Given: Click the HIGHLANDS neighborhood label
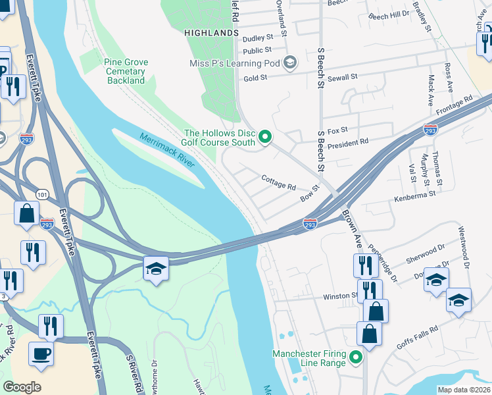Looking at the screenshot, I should point(212,32).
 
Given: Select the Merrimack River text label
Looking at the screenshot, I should point(167,149).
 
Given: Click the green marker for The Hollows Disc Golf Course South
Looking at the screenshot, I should point(266,137).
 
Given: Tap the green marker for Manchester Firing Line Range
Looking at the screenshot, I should point(356,358).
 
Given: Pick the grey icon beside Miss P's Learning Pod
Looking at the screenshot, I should point(290,63).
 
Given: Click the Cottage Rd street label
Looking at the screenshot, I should point(278,182).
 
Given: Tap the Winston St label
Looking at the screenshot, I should point(339,296).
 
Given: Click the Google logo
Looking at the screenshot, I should point(22,386).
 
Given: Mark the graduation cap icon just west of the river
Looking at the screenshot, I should point(157,269).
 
